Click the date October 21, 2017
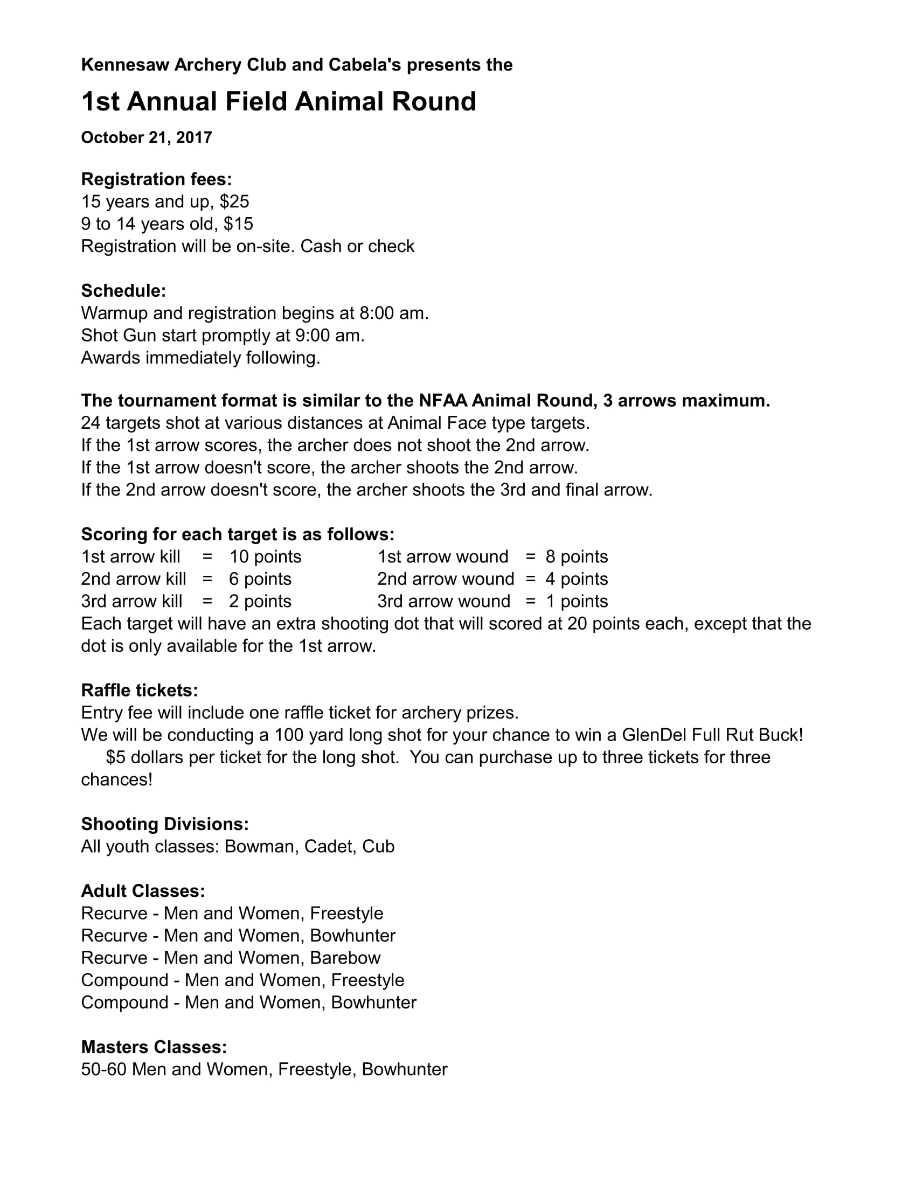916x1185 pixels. coord(147,138)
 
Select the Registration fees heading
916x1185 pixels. coord(156,179)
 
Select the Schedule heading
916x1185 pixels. coord(124,291)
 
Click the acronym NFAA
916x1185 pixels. coord(442,400)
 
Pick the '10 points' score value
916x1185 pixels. coord(265,557)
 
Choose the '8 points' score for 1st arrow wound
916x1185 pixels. coord(577,557)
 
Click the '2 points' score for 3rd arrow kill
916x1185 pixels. coord(260,601)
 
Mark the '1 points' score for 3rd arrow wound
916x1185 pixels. coord(577,601)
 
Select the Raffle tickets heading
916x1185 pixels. coord(140,690)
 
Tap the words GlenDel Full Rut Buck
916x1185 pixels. coord(712,735)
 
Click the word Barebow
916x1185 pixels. coord(345,958)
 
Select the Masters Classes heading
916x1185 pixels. coord(154,1047)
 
